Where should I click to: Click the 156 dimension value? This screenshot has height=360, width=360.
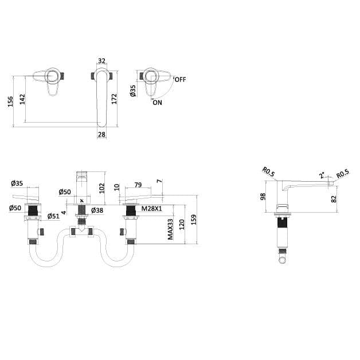(10, 101)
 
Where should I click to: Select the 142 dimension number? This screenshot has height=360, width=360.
(22, 99)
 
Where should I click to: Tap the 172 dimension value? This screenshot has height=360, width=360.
(114, 99)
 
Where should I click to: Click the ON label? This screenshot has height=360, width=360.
(157, 103)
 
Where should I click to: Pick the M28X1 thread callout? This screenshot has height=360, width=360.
(151, 210)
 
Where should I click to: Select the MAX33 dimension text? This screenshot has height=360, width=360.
(170, 229)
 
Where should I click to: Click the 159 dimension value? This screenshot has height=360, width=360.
(194, 219)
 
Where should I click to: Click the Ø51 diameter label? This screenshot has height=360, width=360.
(53, 216)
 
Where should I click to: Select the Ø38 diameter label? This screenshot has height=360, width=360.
(97, 210)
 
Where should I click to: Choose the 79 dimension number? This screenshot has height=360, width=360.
(138, 185)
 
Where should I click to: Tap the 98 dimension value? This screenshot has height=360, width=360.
(263, 197)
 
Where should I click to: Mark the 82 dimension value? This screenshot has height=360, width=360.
(334, 198)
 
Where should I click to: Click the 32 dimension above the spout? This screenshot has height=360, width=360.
(102, 60)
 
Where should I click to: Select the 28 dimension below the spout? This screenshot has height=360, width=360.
(101, 134)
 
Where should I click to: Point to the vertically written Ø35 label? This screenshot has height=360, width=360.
(133, 91)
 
